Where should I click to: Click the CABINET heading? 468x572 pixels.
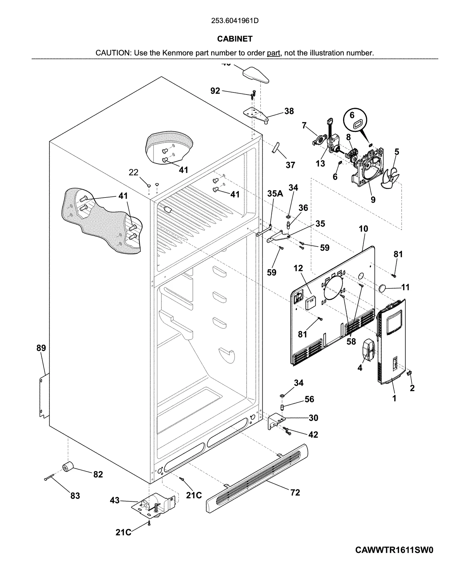(235, 39)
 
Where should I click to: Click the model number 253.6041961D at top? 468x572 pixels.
(235, 21)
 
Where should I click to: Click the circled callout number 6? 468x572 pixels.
(352, 115)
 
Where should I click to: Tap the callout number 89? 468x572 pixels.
(41, 348)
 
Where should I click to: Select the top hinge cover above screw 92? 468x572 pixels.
(255, 74)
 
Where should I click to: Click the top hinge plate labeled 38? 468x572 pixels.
(256, 114)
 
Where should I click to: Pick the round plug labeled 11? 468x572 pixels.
(383, 288)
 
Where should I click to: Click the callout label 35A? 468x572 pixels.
(275, 193)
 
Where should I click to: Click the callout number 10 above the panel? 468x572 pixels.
(363, 229)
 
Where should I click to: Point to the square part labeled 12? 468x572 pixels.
(310, 302)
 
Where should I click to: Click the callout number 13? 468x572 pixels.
(320, 164)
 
